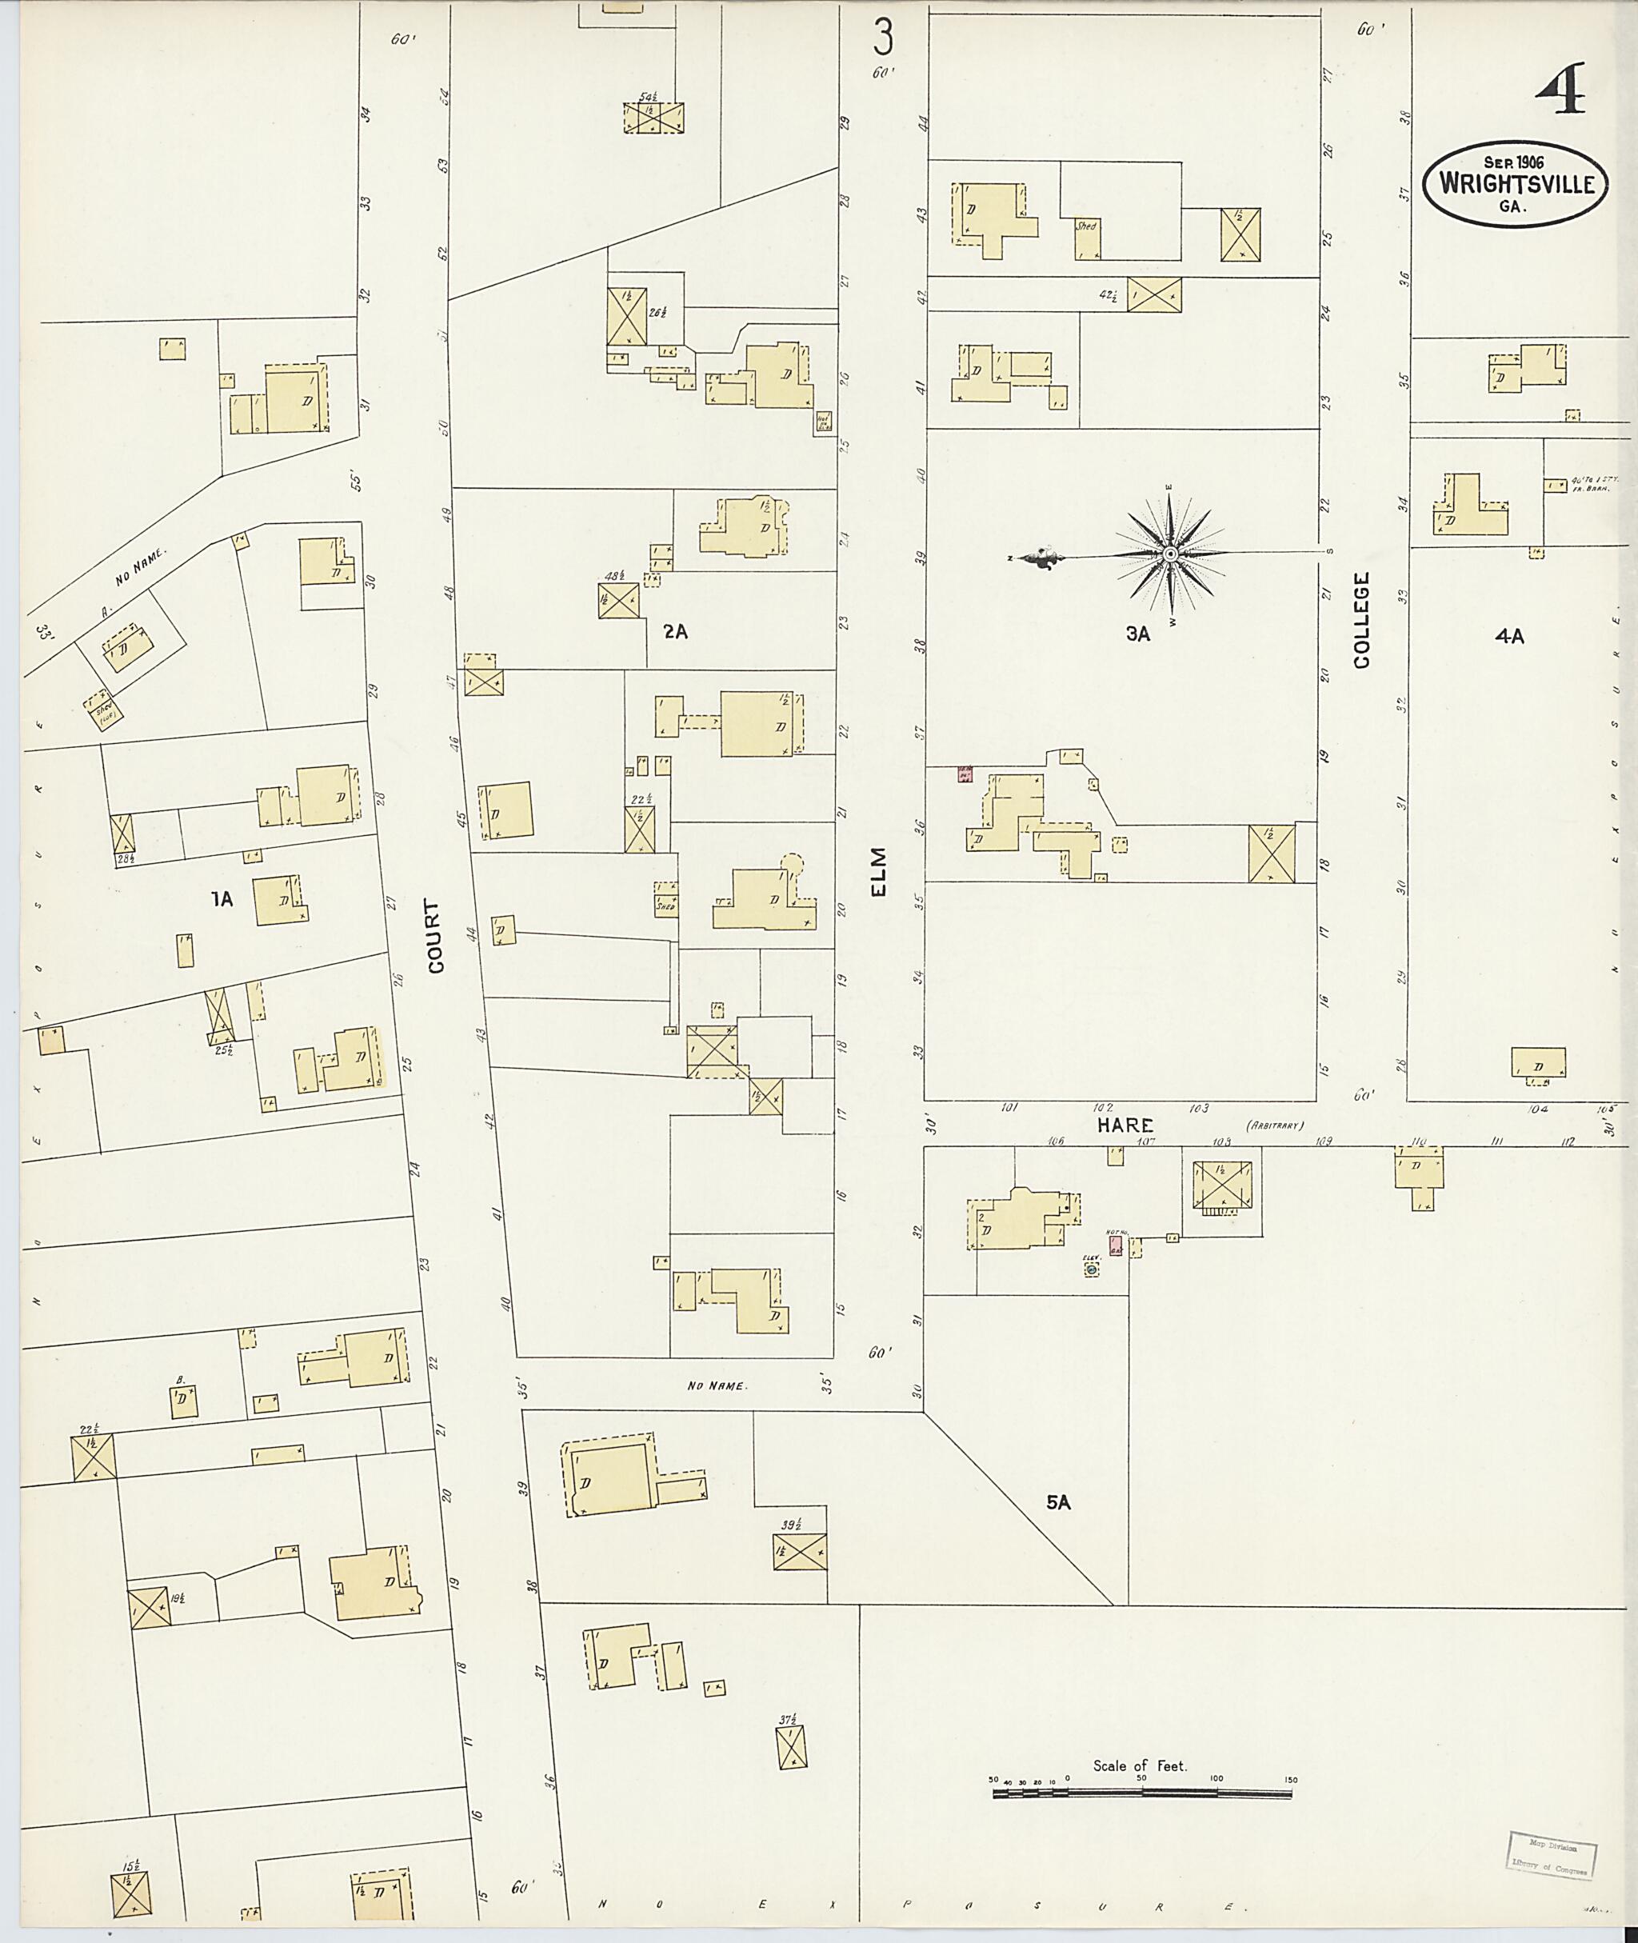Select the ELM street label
point(878,871)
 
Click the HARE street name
point(1125,1125)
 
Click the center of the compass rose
point(1171,554)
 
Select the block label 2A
point(675,632)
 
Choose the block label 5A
point(1059,1501)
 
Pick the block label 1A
point(221,898)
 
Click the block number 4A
point(1510,636)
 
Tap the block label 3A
point(1137,634)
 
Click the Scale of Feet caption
point(1140,1765)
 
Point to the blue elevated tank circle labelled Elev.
point(1092,1269)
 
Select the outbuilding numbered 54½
point(653,118)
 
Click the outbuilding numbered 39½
point(800,1550)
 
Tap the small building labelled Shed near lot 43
point(1088,241)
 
